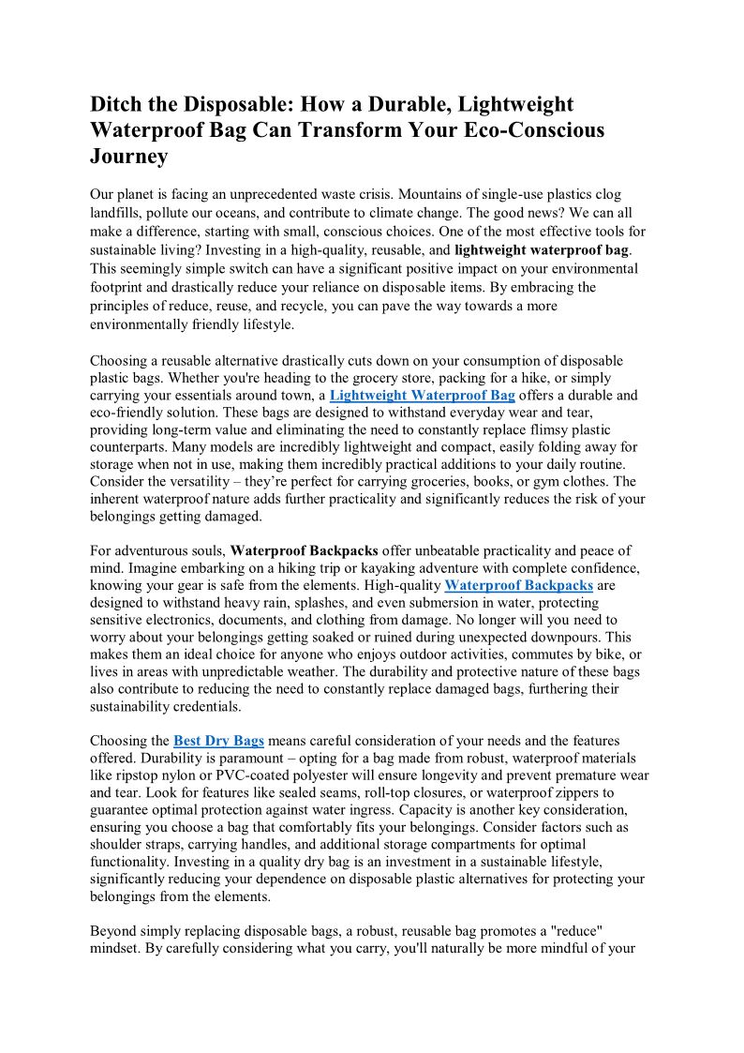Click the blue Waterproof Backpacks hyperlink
(x=518, y=585)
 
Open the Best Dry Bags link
(x=218, y=740)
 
